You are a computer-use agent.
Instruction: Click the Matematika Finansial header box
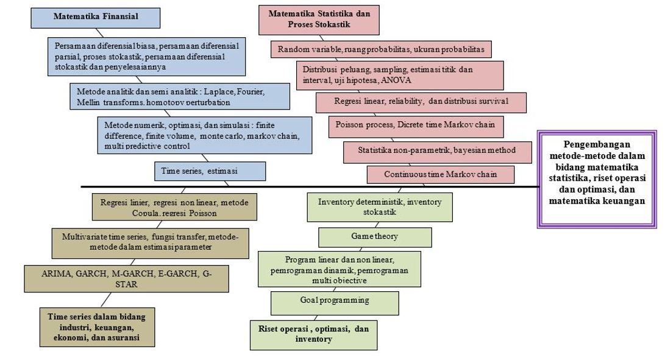click(96, 17)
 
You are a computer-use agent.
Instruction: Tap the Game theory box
click(375, 236)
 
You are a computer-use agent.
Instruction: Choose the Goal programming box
click(335, 300)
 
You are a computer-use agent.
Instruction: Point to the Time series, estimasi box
click(207, 171)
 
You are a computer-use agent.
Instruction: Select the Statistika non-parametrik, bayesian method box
click(437, 150)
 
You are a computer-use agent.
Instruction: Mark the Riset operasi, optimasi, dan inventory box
click(313, 334)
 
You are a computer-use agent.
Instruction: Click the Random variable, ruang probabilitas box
click(382, 49)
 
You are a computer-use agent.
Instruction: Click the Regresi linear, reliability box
click(421, 101)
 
